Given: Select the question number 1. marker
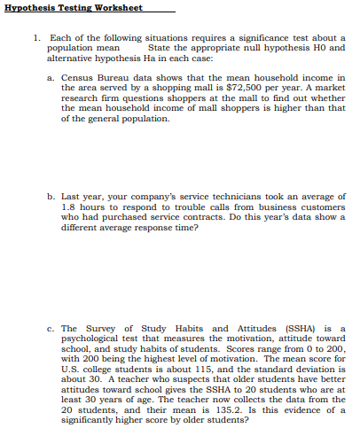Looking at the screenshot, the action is click(35, 38).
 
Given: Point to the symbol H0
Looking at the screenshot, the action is click(311, 47).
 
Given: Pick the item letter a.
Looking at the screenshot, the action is click(50, 78).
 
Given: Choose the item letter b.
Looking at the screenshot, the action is click(50, 196).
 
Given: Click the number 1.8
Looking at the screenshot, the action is click(71, 206).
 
